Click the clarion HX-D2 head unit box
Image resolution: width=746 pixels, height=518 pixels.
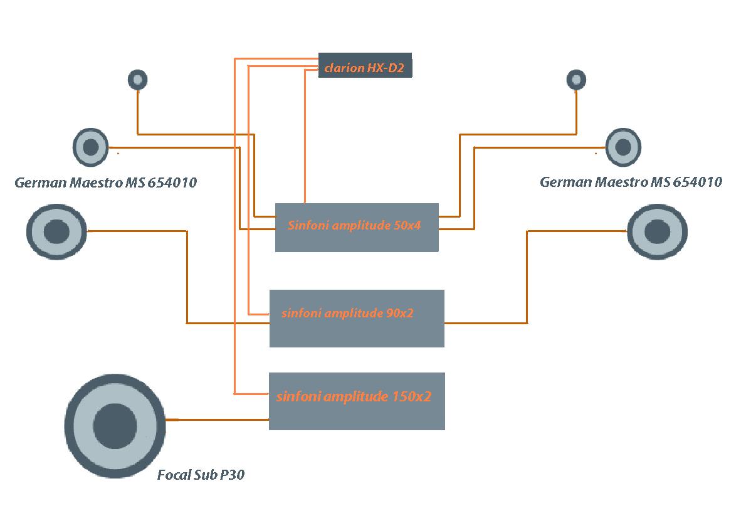pos(365,65)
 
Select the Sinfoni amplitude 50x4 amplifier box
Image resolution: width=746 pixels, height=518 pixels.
pos(357,228)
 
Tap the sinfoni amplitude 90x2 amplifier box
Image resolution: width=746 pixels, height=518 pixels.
pos(357,318)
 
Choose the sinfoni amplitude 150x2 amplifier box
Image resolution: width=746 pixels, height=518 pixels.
pos(357,401)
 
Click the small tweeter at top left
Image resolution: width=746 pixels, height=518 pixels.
pos(137,80)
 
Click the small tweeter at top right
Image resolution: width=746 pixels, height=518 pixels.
pos(575,80)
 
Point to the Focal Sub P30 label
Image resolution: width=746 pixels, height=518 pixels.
pos(201,475)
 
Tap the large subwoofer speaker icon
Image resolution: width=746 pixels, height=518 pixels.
pos(115,426)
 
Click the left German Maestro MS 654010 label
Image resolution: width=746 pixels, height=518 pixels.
pos(105,183)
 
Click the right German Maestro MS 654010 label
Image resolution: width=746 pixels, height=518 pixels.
pos(630,182)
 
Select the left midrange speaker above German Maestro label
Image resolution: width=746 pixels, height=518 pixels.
pos(91,147)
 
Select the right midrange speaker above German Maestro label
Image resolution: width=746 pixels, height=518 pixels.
pos(623,147)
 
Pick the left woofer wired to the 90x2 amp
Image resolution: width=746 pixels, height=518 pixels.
pos(56,231)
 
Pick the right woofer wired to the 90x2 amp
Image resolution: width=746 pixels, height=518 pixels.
pos(657,231)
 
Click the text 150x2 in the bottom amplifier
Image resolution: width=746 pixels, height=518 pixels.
pos(412,396)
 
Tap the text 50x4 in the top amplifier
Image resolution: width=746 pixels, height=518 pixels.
pos(407,226)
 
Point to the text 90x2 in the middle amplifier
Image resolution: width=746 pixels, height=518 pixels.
pos(400,313)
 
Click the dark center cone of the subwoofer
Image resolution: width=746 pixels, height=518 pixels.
pos(115,426)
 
